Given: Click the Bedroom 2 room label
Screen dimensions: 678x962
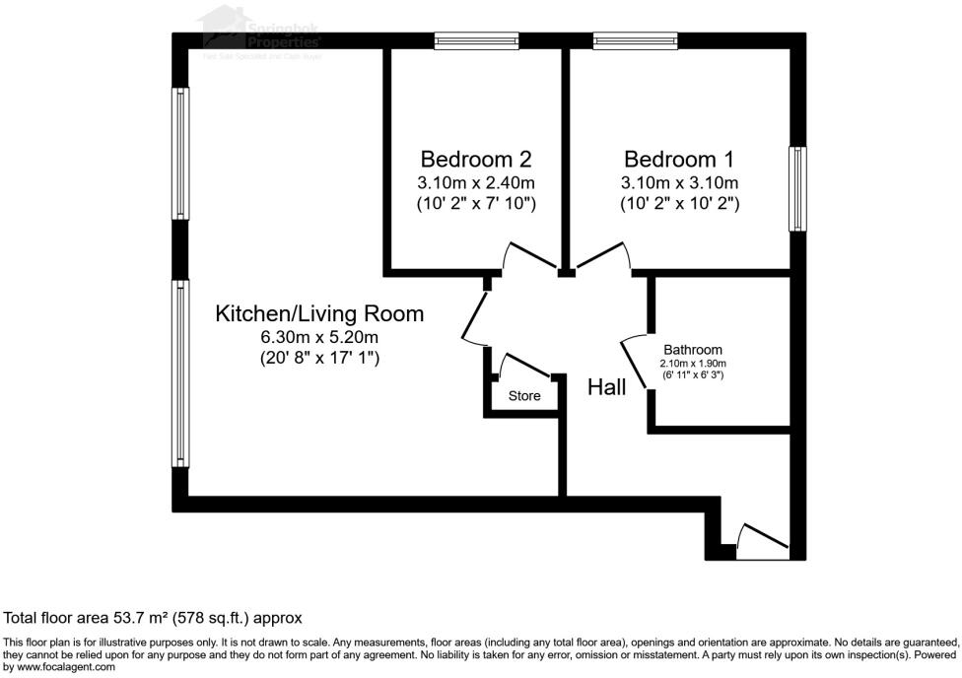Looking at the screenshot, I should [477, 159].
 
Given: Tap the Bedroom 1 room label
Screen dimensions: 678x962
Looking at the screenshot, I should [680, 159].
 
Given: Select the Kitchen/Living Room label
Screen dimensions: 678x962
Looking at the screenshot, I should [319, 313].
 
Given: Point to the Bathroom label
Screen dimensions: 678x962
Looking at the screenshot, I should [692, 350].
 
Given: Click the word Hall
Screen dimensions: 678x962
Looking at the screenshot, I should [606, 387].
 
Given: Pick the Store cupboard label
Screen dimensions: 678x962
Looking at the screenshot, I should [524, 396].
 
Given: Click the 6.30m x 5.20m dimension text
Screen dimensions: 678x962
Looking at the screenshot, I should [319, 338].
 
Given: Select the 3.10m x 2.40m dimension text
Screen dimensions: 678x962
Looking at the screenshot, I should [477, 183].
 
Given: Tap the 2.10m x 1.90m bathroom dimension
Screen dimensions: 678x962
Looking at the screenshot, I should [692, 363].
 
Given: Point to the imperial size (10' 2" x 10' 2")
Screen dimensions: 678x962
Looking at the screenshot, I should [680, 204].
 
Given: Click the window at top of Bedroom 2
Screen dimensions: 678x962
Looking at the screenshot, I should [477, 40].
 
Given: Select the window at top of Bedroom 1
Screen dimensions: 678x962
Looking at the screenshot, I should [635, 40].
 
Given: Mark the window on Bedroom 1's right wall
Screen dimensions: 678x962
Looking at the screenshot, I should [797, 189].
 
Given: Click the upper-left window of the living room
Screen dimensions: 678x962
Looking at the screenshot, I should [179, 153].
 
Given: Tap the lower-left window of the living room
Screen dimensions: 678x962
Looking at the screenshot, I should [179, 373].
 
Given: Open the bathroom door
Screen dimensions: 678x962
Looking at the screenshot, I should [634, 365].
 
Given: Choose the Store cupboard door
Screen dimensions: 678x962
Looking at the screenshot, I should [526, 366].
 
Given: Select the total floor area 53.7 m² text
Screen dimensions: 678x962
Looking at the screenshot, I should [153, 618].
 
